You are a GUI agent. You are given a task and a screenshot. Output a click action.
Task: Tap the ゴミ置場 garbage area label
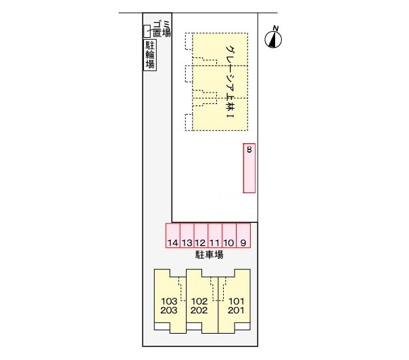point(161,29)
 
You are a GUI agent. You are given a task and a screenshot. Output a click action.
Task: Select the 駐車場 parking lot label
point(209,255)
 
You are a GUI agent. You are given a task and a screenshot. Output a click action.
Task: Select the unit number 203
point(170,311)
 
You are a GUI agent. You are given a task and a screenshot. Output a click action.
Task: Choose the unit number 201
point(235,311)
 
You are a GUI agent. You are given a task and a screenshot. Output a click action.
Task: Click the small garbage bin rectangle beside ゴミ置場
point(145,30)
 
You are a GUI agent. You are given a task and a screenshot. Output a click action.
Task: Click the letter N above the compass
point(275,28)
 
